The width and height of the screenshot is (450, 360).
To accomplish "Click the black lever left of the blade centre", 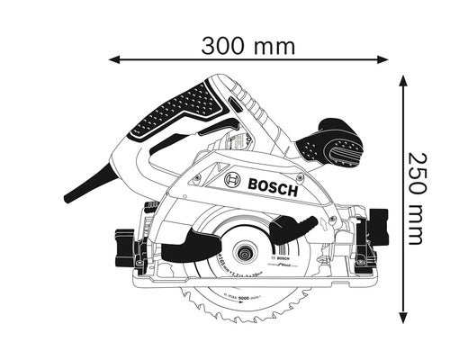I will [185, 242].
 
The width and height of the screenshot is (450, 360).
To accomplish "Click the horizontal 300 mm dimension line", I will [180, 59].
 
